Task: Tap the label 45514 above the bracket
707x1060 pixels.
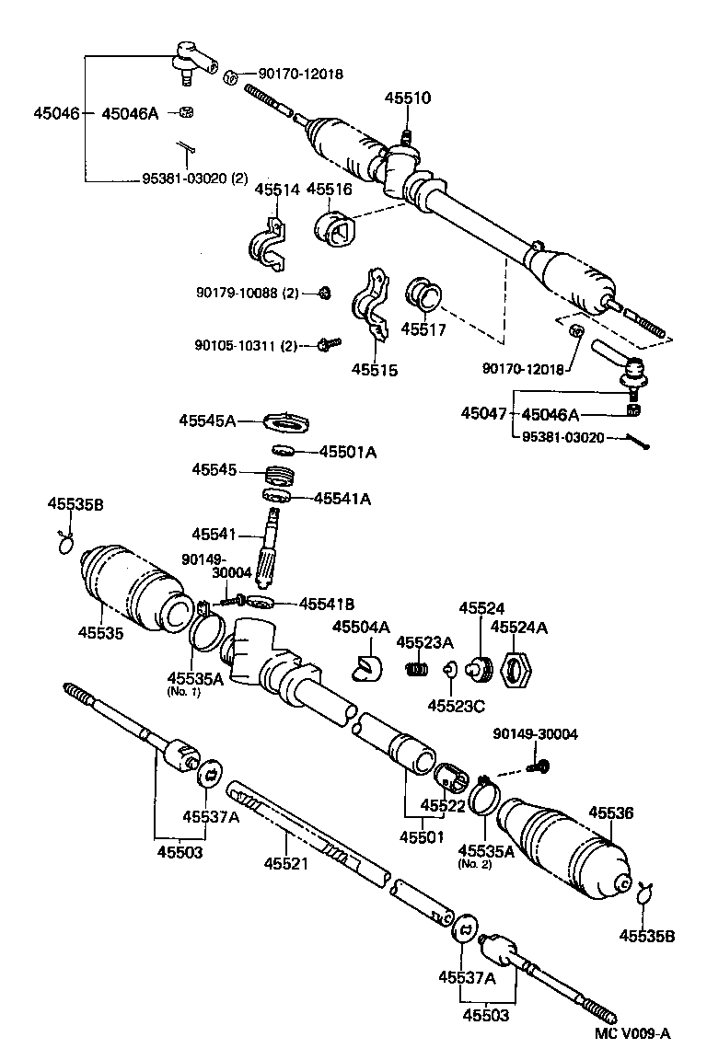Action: click(x=277, y=190)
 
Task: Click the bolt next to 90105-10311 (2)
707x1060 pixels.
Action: click(x=328, y=344)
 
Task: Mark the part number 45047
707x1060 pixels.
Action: click(x=483, y=415)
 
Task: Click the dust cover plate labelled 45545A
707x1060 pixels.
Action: click(x=286, y=422)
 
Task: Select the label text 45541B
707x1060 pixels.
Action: click(x=325, y=605)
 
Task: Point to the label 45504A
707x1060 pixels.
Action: click(x=361, y=628)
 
